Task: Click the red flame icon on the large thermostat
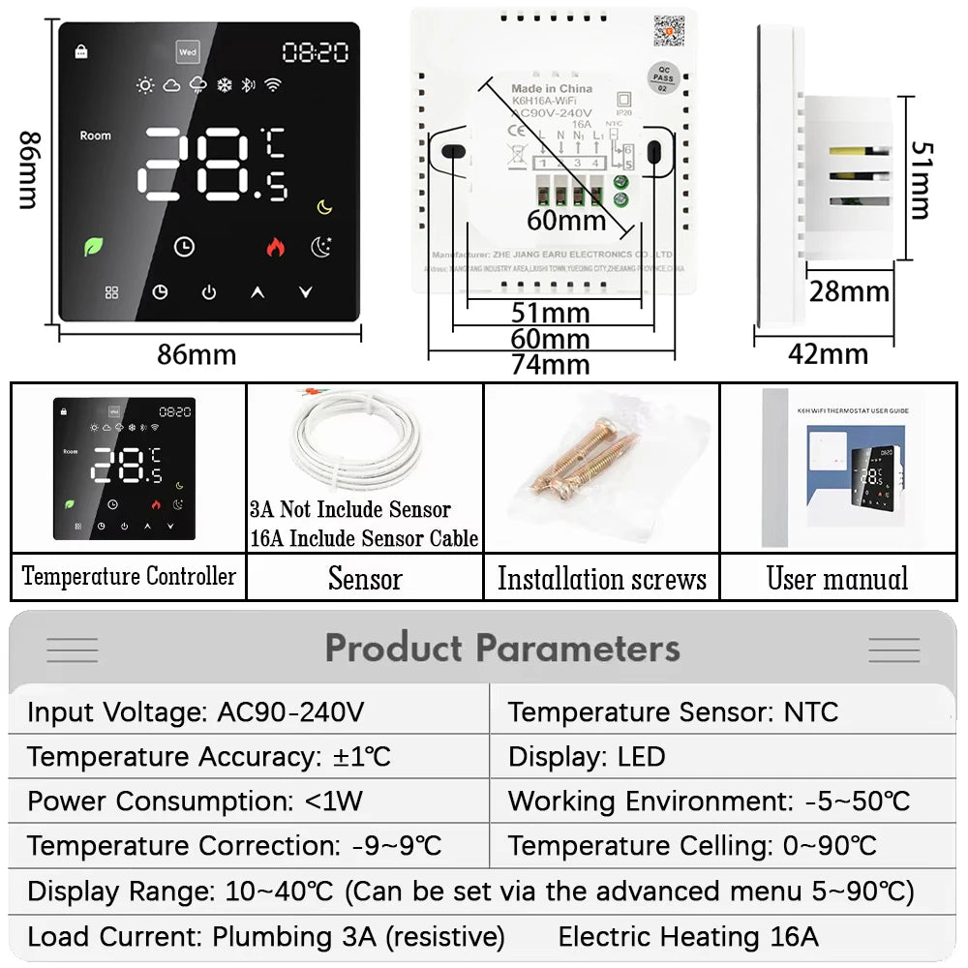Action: click(x=276, y=247)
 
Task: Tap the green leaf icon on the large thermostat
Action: click(x=95, y=246)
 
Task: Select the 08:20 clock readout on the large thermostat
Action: click(x=315, y=52)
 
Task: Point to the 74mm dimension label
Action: click(x=551, y=364)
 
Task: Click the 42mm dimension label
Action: click(x=828, y=353)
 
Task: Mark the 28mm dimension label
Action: click(x=849, y=291)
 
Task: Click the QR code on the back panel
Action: click(x=668, y=31)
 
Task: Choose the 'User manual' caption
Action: click(x=837, y=579)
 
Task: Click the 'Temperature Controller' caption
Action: click(x=129, y=577)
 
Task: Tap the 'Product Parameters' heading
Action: click(x=502, y=648)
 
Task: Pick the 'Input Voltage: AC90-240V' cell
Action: click(x=196, y=712)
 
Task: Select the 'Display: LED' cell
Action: click(x=587, y=757)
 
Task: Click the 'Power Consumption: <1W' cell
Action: click(x=181, y=802)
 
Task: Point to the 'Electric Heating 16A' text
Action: click(x=688, y=936)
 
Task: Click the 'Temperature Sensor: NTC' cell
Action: click(x=673, y=712)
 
